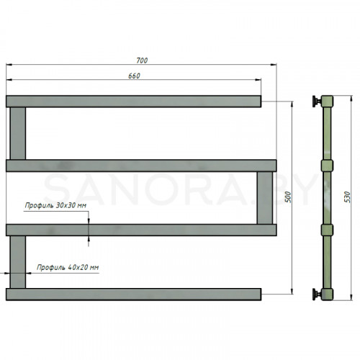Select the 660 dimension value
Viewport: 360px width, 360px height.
pos(134,76)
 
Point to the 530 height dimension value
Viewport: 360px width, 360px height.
pos(347,197)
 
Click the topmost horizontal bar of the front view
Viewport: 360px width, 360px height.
pos(133,102)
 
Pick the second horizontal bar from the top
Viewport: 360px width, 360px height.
pos(141,166)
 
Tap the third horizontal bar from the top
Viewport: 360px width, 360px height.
pos(141,230)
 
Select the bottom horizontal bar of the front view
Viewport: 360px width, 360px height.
pos(133,294)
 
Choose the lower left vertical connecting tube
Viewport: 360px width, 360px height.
pos(17,262)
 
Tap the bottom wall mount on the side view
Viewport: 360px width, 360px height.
pos(318,294)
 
